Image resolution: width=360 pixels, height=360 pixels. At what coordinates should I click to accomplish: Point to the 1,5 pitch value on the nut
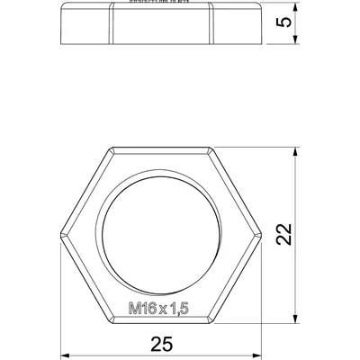tap(177, 309)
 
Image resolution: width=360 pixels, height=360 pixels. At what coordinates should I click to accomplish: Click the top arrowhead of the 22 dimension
tap(293, 152)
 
